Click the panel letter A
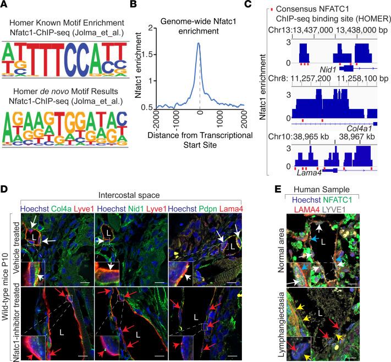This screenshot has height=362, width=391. click(4, 6)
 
